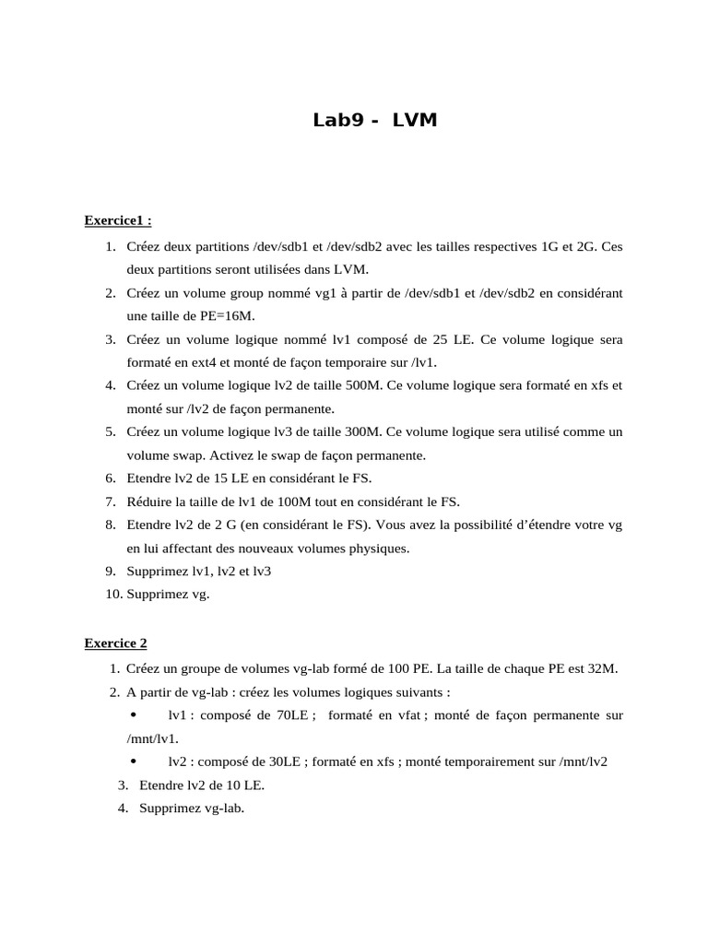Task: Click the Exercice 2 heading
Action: click(x=115, y=643)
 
